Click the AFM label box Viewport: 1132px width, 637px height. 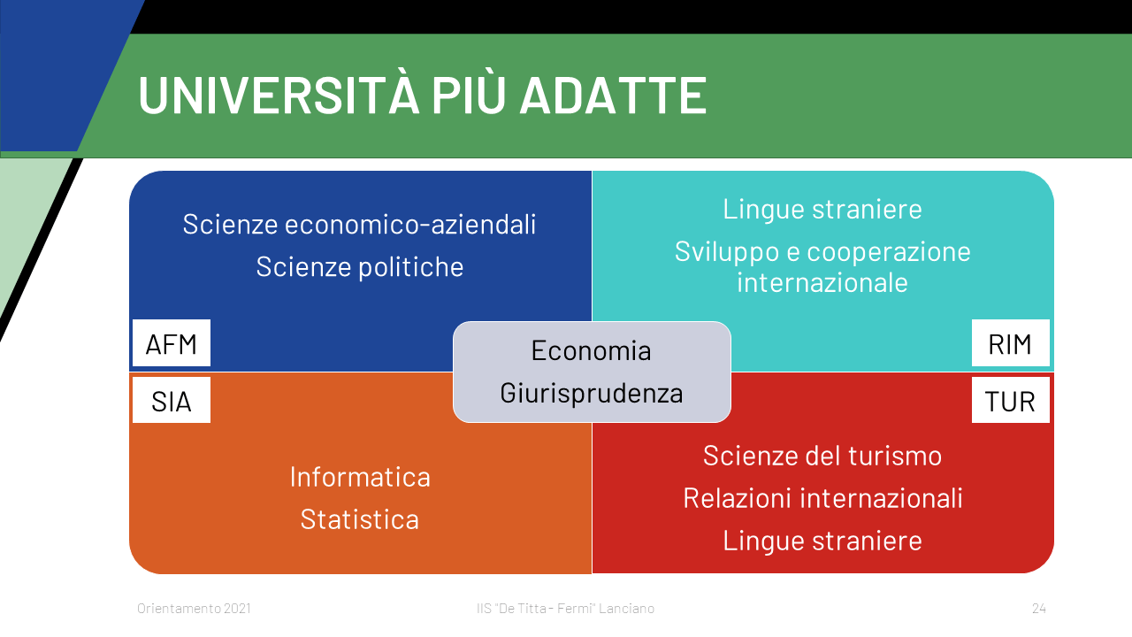[172, 342]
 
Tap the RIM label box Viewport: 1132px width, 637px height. [1011, 342]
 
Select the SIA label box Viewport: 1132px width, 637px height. [172, 400]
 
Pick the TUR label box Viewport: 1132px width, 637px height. [1011, 400]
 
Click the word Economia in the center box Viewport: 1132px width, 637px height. [592, 350]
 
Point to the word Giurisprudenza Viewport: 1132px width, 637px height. [592, 394]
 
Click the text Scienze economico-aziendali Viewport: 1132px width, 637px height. [359, 225]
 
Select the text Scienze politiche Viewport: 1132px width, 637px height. [359, 267]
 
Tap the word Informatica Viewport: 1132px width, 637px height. [360, 477]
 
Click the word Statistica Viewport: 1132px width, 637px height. [360, 519]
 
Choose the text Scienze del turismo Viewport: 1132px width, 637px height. [822, 456]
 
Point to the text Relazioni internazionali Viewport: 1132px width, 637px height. [822, 498]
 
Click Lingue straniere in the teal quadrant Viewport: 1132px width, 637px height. [822, 210]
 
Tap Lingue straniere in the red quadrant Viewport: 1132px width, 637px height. [822, 541]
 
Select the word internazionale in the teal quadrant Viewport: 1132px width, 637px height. [822, 282]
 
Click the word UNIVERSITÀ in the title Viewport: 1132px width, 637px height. [279, 95]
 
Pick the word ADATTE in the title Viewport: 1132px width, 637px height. [613, 95]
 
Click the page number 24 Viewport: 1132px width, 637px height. [1039, 608]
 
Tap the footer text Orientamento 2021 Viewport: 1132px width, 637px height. [194, 608]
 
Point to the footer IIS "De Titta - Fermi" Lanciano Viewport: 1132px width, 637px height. [565, 608]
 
